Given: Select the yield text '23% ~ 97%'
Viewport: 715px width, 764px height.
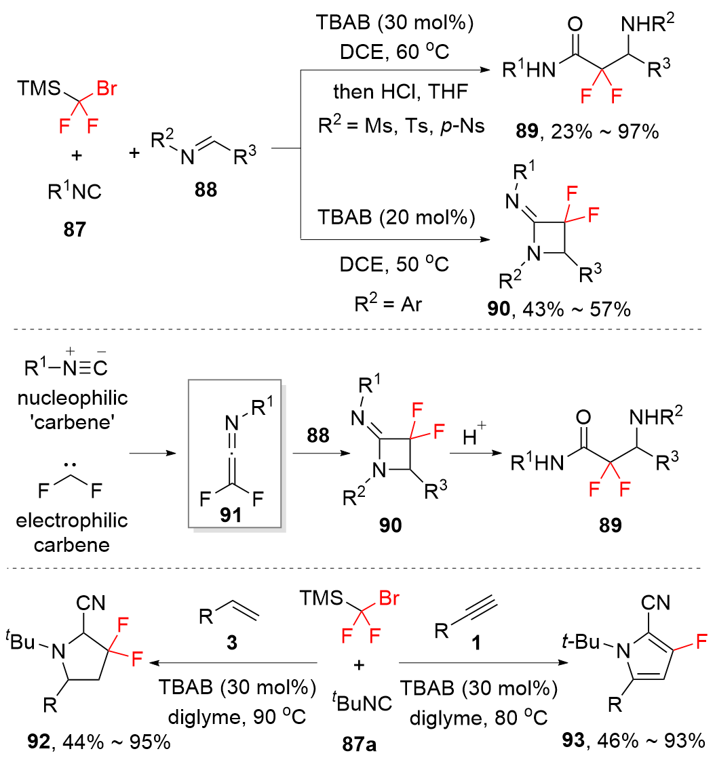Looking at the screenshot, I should point(611,132).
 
